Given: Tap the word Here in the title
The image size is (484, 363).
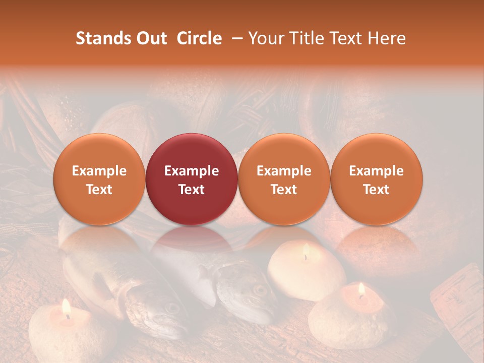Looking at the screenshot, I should (387, 38).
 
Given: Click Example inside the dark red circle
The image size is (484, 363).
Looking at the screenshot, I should (192, 171).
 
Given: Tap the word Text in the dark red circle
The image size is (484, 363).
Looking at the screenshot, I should (192, 190).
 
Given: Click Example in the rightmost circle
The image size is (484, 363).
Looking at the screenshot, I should (376, 171).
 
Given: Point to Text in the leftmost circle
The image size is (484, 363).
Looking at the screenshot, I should (99, 190).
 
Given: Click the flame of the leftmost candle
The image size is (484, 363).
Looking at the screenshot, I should (66, 308).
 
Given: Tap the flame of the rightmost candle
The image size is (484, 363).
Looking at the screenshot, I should (361, 289).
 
